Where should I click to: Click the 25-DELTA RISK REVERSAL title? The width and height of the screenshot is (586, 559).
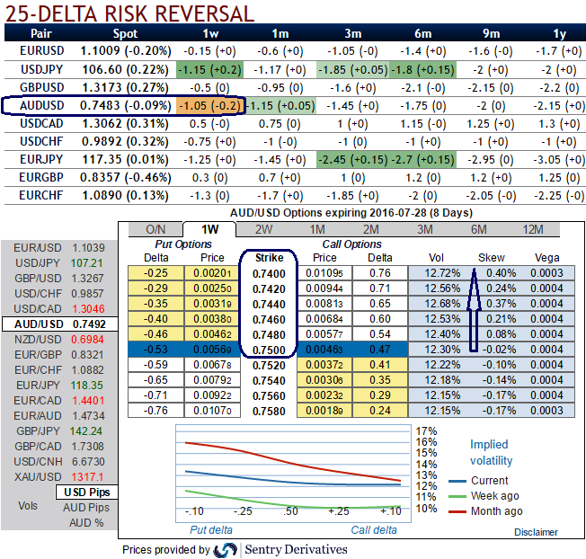[130, 13]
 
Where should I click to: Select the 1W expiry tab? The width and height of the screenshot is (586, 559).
[208, 230]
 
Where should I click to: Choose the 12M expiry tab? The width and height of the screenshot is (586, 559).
[534, 230]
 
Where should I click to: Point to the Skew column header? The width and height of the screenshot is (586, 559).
[492, 258]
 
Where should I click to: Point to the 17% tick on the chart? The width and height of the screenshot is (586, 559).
[427, 430]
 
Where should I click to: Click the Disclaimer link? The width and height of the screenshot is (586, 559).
[536, 532]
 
